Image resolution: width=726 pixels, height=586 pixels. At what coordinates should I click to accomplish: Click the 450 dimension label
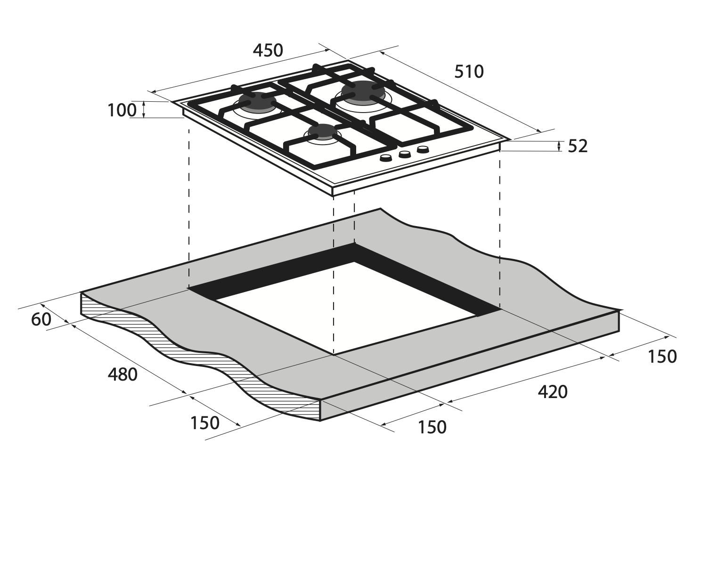click(268, 50)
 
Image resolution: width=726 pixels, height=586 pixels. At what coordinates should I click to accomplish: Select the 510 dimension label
click(469, 72)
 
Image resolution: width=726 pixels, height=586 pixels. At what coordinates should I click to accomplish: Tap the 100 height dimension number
click(122, 110)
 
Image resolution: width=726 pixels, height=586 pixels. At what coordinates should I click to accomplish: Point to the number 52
click(578, 146)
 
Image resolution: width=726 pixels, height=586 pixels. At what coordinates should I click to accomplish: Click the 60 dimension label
click(41, 319)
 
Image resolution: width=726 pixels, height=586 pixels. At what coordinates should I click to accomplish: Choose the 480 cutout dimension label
click(122, 375)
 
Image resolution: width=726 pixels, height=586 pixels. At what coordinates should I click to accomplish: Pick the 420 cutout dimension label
click(553, 392)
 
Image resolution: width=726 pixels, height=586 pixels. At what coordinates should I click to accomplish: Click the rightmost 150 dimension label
click(662, 357)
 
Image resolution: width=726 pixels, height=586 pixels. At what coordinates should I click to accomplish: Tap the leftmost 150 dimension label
click(205, 423)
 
